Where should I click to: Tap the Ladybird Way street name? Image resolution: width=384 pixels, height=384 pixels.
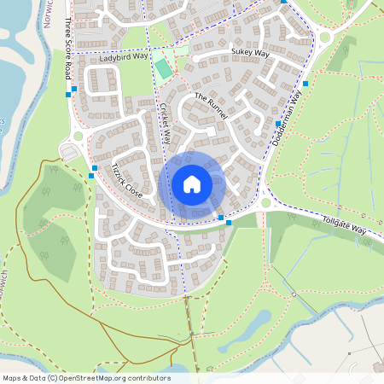tap(123, 58)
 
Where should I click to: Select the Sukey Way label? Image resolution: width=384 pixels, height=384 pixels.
tap(249, 53)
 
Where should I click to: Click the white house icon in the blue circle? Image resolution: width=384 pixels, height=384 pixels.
tap(192, 183)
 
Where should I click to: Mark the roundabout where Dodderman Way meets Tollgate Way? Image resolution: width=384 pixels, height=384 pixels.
tap(265, 203)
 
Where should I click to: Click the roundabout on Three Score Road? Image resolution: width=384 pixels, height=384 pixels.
tap(78, 136)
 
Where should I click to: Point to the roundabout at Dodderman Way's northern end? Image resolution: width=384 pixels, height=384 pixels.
tap(323, 37)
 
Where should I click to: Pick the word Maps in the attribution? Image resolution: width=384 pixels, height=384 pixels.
tap(12, 377)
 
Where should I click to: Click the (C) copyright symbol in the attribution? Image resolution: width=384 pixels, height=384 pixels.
tap(52, 377)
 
